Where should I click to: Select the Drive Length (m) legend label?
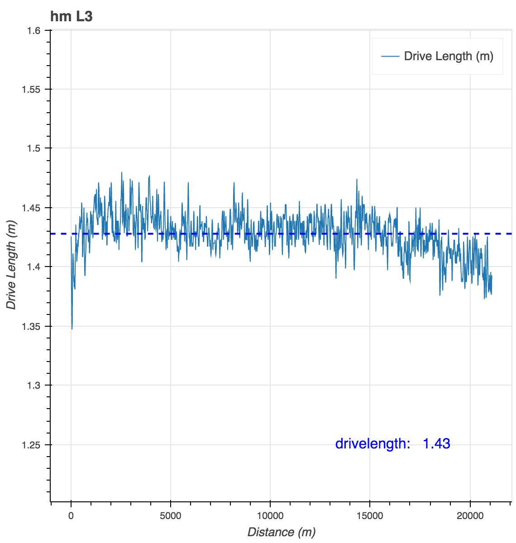click(x=448, y=56)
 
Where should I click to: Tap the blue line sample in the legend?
click(x=390, y=56)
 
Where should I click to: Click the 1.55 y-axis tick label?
click(x=31, y=89)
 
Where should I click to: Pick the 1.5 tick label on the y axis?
click(x=34, y=148)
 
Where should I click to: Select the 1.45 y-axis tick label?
click(x=31, y=208)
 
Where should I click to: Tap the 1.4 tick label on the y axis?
click(x=34, y=267)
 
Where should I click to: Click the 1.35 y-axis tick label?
click(x=31, y=326)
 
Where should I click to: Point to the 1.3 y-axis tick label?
click(x=34, y=386)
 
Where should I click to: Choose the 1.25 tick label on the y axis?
click(x=31, y=445)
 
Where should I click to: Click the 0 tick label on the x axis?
click(x=71, y=515)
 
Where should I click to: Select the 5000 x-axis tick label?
click(x=171, y=515)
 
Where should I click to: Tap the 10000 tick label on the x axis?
click(x=270, y=515)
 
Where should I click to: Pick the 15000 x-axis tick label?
click(x=370, y=515)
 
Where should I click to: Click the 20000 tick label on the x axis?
click(x=470, y=515)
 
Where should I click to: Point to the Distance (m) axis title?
click(x=281, y=532)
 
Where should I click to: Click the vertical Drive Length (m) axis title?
click(x=11, y=265)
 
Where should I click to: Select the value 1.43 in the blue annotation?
click(x=436, y=443)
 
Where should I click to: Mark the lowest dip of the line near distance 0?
click(x=72, y=329)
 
